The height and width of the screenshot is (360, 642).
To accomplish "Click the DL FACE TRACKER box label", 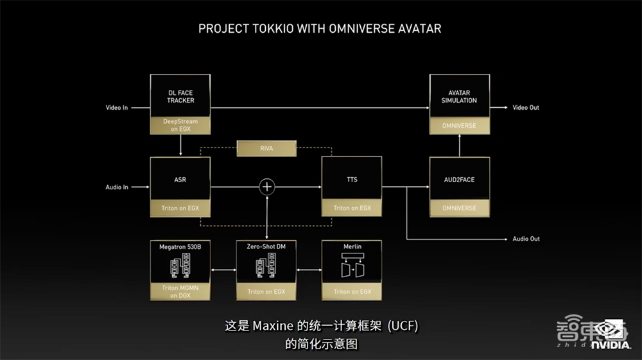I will [180, 96].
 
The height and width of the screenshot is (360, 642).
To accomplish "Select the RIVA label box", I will [267, 149].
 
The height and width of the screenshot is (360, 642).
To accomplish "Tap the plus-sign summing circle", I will [267, 187].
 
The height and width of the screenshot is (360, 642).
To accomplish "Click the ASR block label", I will [180, 180].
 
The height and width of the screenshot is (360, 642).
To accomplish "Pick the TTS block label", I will [352, 180].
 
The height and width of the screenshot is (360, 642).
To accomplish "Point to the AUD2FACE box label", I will [459, 180].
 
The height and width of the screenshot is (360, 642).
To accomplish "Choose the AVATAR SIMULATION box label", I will [459, 96].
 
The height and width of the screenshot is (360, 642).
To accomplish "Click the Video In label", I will [117, 108].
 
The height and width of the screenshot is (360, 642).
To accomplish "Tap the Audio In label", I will [117, 187].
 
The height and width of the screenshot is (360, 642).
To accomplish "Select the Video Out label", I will [526, 108].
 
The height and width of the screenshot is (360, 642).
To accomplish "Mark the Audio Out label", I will [526, 239].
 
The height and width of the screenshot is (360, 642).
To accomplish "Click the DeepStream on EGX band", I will [180, 125].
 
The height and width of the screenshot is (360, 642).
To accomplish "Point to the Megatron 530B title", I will [180, 246].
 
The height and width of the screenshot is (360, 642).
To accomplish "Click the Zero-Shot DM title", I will [266, 246].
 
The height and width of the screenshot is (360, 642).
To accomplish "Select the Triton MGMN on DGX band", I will [180, 292].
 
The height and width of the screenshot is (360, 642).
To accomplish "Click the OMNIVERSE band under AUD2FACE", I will [459, 208].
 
